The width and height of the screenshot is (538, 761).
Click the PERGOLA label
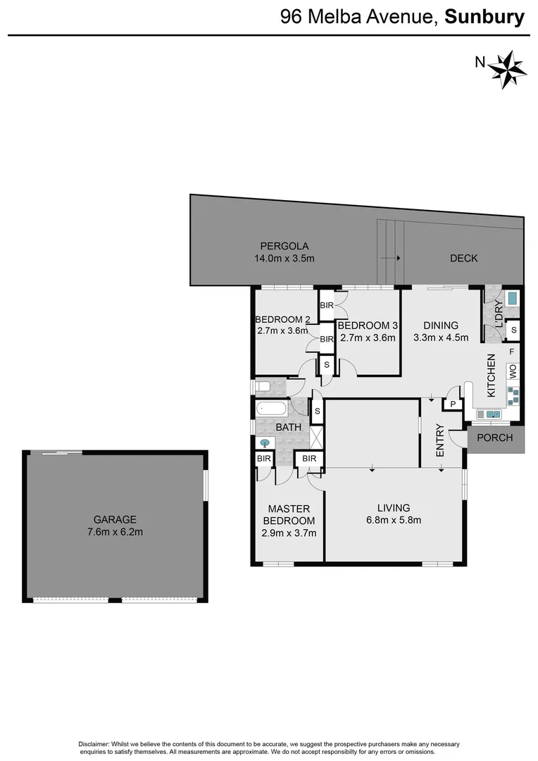click(x=285, y=246)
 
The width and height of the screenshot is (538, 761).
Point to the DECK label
click(x=463, y=259)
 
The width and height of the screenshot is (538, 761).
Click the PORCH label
click(x=496, y=438)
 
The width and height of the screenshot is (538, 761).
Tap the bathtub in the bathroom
click(x=271, y=408)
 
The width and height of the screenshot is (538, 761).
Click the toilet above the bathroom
click(x=263, y=386)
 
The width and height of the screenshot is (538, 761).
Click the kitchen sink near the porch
click(x=492, y=414)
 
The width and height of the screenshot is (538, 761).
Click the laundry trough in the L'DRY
click(x=511, y=298)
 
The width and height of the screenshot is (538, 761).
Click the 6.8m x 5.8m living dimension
click(x=393, y=521)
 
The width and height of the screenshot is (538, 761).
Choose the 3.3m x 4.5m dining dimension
click(x=441, y=337)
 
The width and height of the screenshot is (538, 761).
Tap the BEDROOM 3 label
click(x=368, y=326)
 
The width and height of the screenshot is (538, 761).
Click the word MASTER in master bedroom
click(x=289, y=509)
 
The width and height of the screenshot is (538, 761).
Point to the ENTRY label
click(x=440, y=440)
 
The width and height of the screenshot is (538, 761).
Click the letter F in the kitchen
click(x=512, y=350)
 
